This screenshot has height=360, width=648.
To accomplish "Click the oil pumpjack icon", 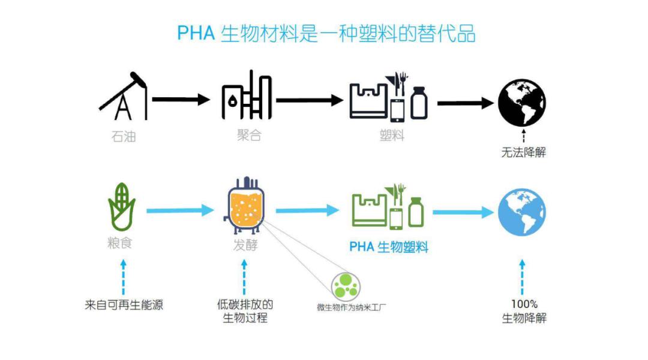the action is pyautogui.click(x=123, y=96).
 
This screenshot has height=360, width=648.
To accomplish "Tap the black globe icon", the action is pyautogui.click(x=522, y=103).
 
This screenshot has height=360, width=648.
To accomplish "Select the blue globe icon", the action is pyautogui.click(x=522, y=212).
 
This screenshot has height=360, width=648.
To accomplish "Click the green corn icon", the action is pyautogui.click(x=121, y=206).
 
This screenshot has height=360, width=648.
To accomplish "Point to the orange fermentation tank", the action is pyautogui.click(x=245, y=206).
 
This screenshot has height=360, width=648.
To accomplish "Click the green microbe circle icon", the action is pyautogui.click(x=346, y=286).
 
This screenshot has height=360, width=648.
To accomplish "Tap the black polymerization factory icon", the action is pyautogui.click(x=247, y=95).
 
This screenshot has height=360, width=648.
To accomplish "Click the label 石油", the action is pyautogui.click(x=124, y=136).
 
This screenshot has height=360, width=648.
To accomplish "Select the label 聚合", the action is pyautogui.click(x=249, y=135).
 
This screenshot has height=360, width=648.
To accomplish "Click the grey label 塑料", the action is pyautogui.click(x=392, y=135).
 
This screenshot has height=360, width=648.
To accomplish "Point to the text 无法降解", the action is pyautogui.click(x=524, y=152).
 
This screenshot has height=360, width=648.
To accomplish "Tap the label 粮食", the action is pyautogui.click(x=120, y=242).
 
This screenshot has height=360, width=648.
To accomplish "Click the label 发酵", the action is pyautogui.click(x=245, y=245).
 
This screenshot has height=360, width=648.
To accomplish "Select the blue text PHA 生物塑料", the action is pyautogui.click(x=388, y=247).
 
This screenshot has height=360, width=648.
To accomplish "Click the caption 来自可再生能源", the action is pyautogui.click(x=124, y=305).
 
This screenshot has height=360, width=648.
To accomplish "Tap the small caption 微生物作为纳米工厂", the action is pyautogui.click(x=351, y=308).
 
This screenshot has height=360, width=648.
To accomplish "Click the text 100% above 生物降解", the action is pyautogui.click(x=524, y=304).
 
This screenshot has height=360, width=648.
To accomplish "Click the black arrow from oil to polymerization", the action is pyautogui.click(x=181, y=99).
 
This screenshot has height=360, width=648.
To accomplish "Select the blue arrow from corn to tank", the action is pyautogui.click(x=180, y=211).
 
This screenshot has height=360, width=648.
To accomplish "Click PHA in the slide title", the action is pyautogui.click(x=196, y=33).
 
